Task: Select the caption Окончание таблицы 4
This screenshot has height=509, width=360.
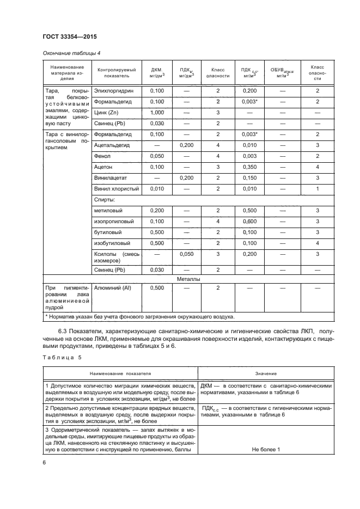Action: [x=71, y=53]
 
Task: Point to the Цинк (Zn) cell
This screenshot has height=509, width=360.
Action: [x=106, y=112]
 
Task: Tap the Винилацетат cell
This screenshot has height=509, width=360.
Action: [x=111, y=177]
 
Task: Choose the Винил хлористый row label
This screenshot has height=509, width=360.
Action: [x=117, y=188]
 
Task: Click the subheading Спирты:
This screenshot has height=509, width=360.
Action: [x=105, y=200]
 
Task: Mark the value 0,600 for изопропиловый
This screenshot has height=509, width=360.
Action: [x=249, y=221]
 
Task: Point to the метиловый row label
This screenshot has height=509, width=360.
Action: [x=108, y=210]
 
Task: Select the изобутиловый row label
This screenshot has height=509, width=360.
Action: [x=112, y=243]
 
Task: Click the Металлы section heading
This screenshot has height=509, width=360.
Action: [x=189, y=279]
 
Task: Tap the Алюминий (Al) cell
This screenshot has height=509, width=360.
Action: [x=113, y=288]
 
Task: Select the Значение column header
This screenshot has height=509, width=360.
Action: [x=266, y=374]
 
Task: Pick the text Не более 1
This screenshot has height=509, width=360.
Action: [x=266, y=449]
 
